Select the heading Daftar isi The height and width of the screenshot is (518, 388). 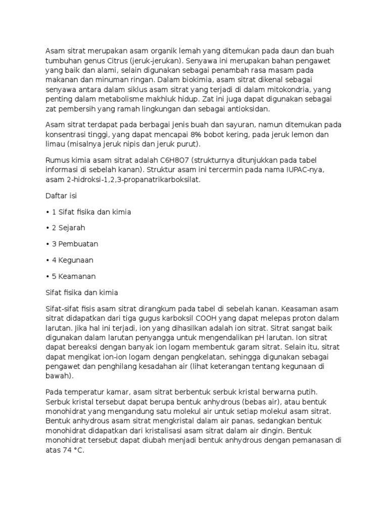click(x=62, y=195)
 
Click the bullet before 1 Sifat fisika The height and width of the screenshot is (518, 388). click(x=47, y=211)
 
